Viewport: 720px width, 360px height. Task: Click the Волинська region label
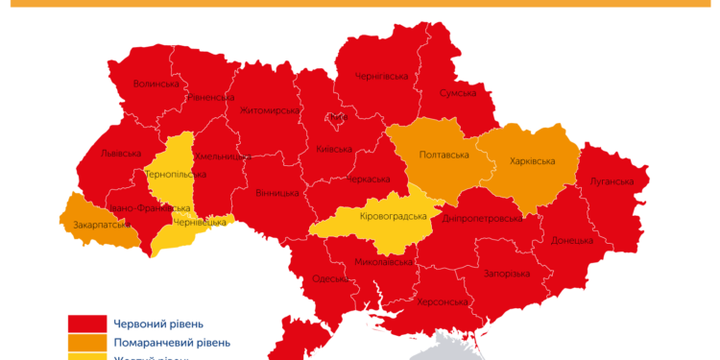tap(156, 84)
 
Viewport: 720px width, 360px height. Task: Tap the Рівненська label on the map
tap(211, 97)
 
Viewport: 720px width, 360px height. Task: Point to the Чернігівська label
tap(381, 76)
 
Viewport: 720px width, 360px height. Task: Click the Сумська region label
tap(457, 93)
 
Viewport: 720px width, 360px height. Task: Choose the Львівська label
tap(121, 154)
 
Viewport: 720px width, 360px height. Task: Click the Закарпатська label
tap(101, 226)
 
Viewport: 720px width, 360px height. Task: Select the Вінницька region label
tap(276, 193)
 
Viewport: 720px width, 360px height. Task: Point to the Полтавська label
tap(444, 155)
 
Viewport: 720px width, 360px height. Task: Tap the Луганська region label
tap(612, 181)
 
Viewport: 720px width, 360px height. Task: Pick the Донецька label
tap(572, 240)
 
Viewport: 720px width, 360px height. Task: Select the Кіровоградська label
tap(392, 216)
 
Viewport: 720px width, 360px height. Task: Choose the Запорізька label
tap(506, 274)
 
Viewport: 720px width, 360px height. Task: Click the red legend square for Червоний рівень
tap(85, 324)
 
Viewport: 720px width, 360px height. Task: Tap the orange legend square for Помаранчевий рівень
tap(85, 343)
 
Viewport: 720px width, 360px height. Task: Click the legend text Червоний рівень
tap(158, 324)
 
